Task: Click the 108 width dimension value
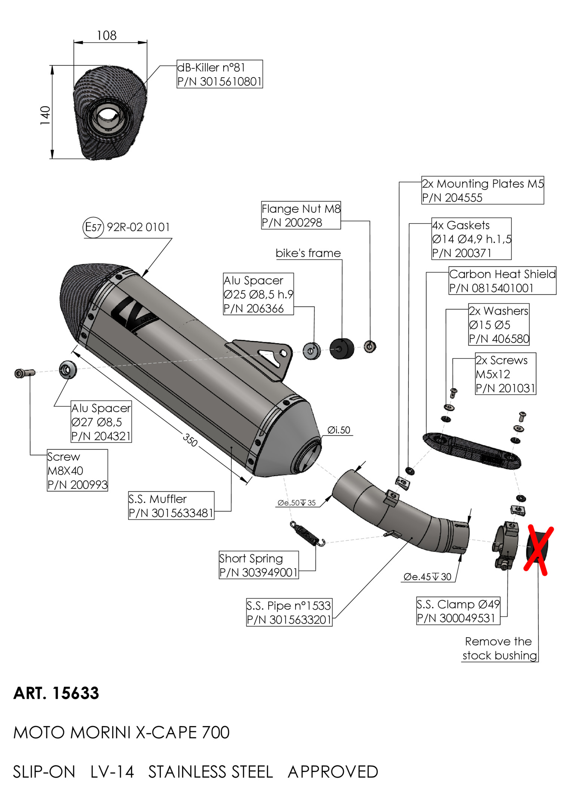coord(107,36)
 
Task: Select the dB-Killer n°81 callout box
coord(220,74)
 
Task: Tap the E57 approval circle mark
coord(93,227)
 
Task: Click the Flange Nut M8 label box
coord(301,215)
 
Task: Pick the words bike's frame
coord(308,253)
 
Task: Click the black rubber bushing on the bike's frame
coord(341,349)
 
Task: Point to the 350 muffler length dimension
coord(190,440)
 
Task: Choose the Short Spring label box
coord(258,565)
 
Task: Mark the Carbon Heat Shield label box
coord(502,281)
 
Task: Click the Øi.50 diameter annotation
coord(339,430)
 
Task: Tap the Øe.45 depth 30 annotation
coord(427,577)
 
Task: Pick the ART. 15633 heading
coord(56,693)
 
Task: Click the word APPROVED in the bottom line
coord(333,772)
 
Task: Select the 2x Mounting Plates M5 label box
coord(482,191)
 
